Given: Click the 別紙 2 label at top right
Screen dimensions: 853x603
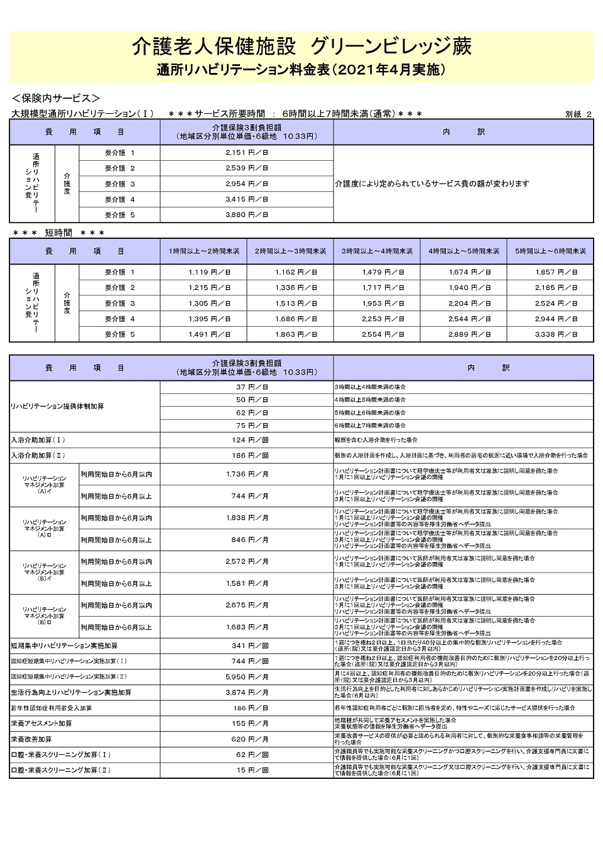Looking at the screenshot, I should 578,114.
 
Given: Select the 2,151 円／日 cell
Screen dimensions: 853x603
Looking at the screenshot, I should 246,153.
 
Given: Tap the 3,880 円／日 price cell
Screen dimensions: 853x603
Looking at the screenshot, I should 246,215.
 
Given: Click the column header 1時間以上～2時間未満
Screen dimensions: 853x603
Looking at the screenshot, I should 204,251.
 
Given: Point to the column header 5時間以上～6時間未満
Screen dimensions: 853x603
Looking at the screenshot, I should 550,251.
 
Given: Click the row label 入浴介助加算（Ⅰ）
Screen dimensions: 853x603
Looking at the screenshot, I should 38,440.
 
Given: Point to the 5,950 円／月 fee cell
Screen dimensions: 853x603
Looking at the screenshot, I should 246,677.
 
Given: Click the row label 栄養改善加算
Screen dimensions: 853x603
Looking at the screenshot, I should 31,739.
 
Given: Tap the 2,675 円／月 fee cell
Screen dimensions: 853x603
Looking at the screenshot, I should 246,605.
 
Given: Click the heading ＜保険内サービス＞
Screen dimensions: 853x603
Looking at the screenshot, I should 56,99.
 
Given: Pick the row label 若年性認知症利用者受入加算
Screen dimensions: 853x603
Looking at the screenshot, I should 52,708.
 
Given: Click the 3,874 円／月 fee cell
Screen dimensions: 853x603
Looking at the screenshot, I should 246,693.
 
